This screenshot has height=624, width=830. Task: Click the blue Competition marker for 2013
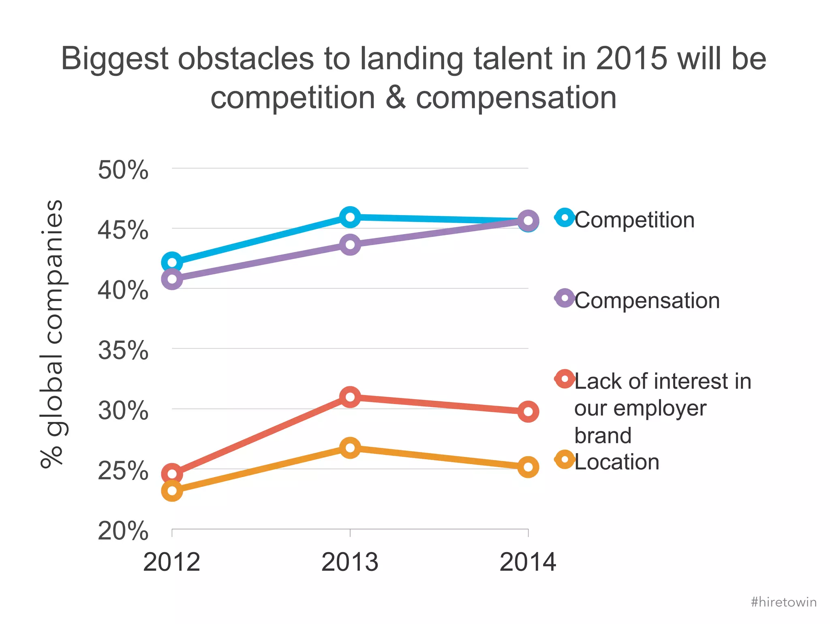tap(350, 217)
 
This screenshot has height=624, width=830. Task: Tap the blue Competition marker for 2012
tap(172, 262)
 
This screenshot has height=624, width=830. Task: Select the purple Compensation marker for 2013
tap(350, 245)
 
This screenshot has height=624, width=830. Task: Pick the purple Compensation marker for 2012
tap(172, 279)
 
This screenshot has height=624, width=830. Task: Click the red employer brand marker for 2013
tap(350, 397)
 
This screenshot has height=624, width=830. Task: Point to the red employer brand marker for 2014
tap(528, 412)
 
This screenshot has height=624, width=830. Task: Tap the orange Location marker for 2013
tap(350, 448)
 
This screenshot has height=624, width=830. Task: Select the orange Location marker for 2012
tap(172, 491)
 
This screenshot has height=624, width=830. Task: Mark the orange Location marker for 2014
tap(528, 467)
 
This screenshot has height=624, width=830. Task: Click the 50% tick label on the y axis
tap(123, 170)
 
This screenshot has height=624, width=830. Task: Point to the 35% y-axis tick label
tap(123, 350)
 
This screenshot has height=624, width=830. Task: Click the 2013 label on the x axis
tap(350, 562)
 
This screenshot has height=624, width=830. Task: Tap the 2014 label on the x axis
tap(528, 562)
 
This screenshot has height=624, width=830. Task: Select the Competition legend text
tap(634, 220)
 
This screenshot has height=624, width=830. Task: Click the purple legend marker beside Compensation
tap(565, 298)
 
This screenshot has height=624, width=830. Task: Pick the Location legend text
tap(616, 462)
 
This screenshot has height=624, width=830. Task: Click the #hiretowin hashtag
tap(783, 602)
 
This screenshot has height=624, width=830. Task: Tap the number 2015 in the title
tap(631, 59)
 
